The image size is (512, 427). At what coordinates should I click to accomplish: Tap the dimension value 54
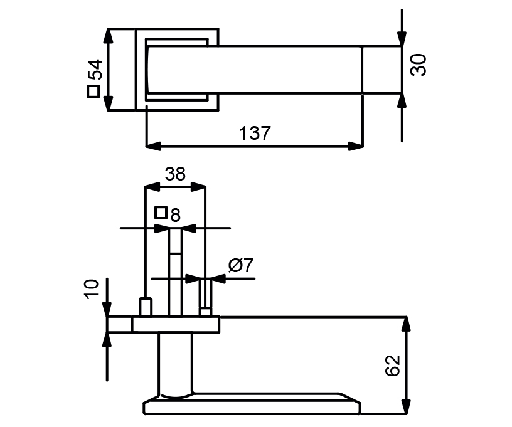[93, 70]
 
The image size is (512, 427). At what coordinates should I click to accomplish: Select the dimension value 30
[419, 65]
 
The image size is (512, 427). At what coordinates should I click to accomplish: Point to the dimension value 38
[175, 174]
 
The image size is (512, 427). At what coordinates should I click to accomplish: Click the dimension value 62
[392, 366]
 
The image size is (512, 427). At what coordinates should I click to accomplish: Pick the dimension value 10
[92, 290]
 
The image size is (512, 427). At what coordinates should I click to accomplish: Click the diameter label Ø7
[240, 266]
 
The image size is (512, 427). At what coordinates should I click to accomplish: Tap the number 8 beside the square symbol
[175, 216]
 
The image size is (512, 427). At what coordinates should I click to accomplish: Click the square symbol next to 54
[93, 92]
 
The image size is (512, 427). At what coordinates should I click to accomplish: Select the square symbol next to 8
[161, 213]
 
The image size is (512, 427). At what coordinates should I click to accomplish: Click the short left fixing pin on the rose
[146, 308]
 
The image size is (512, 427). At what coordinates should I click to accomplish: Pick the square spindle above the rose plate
[175, 273]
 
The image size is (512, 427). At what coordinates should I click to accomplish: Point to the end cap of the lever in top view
[381, 70]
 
